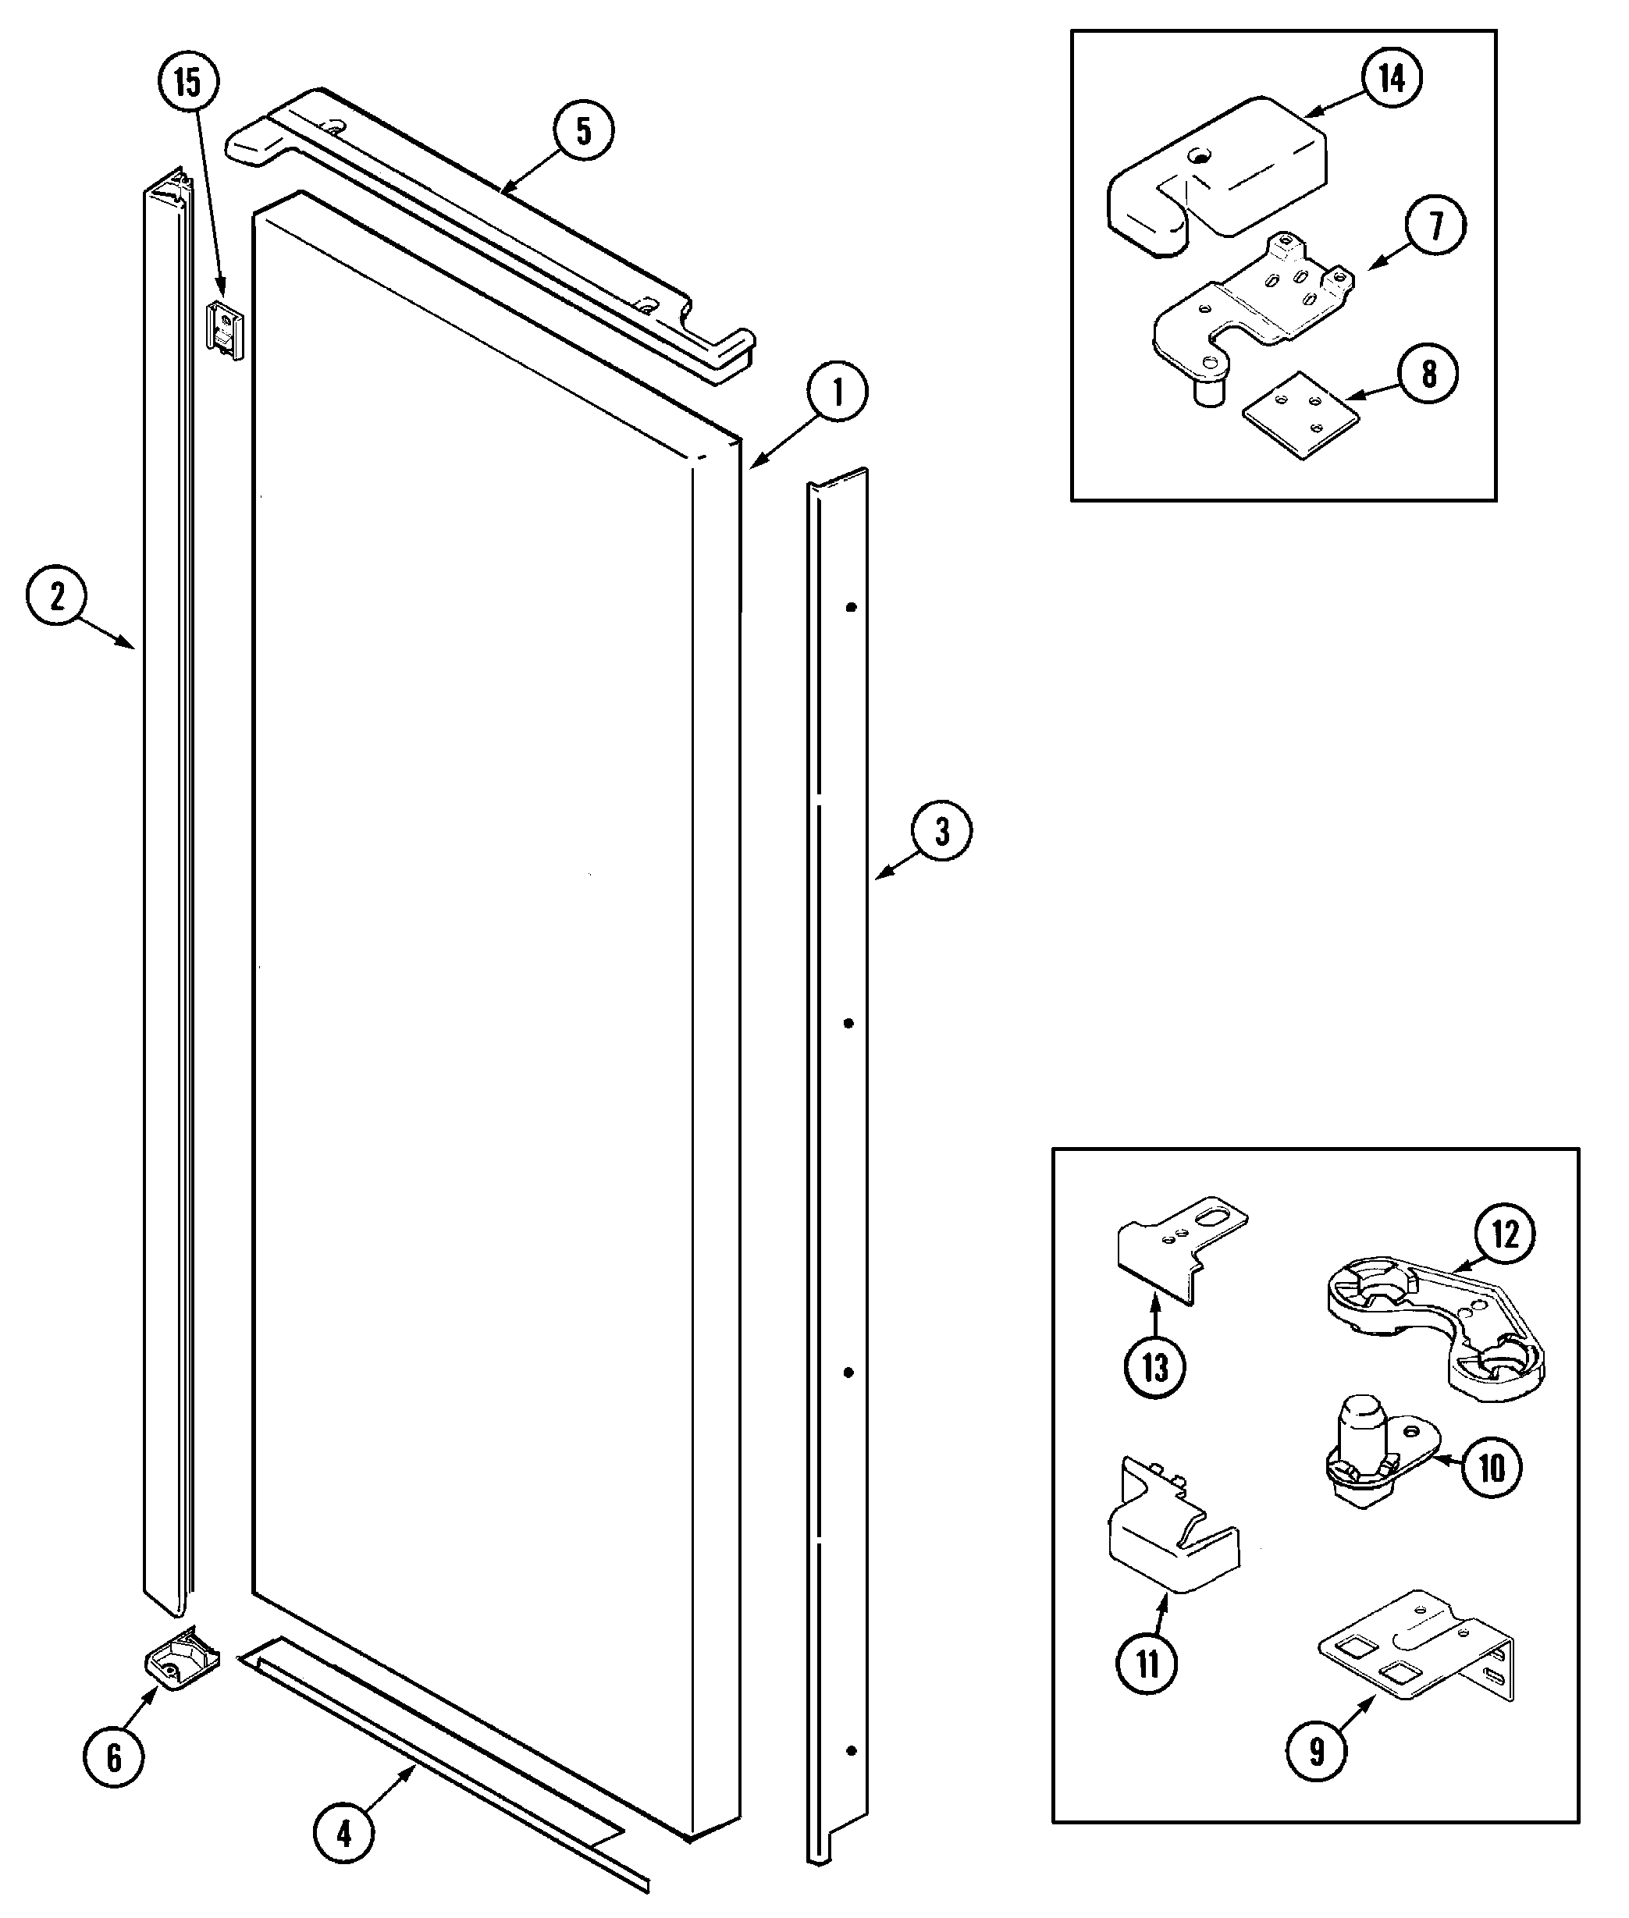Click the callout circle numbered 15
187,82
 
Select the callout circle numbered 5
584,131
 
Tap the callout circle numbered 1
838,392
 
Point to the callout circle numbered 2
56,597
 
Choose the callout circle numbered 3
941,832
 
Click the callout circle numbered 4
343,1832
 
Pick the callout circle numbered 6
114,1757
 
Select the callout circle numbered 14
1392,79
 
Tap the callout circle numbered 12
1504,1234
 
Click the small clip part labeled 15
224,330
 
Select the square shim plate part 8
1300,414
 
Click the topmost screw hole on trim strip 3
852,607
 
